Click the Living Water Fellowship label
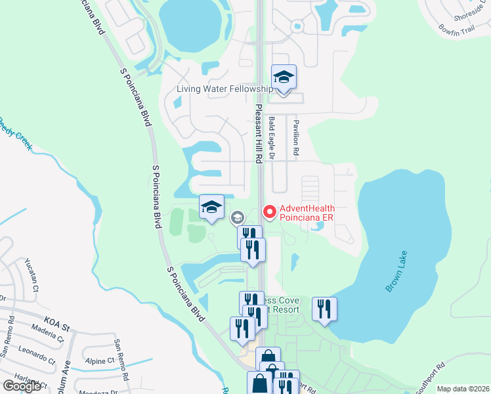[x=224, y=89]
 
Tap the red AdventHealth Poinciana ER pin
[x=269, y=211]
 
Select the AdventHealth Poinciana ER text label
[x=307, y=215]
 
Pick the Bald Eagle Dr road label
[x=271, y=137]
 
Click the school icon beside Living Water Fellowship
[x=284, y=77]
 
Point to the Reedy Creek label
[x=14, y=131]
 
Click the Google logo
[x=21, y=385]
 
